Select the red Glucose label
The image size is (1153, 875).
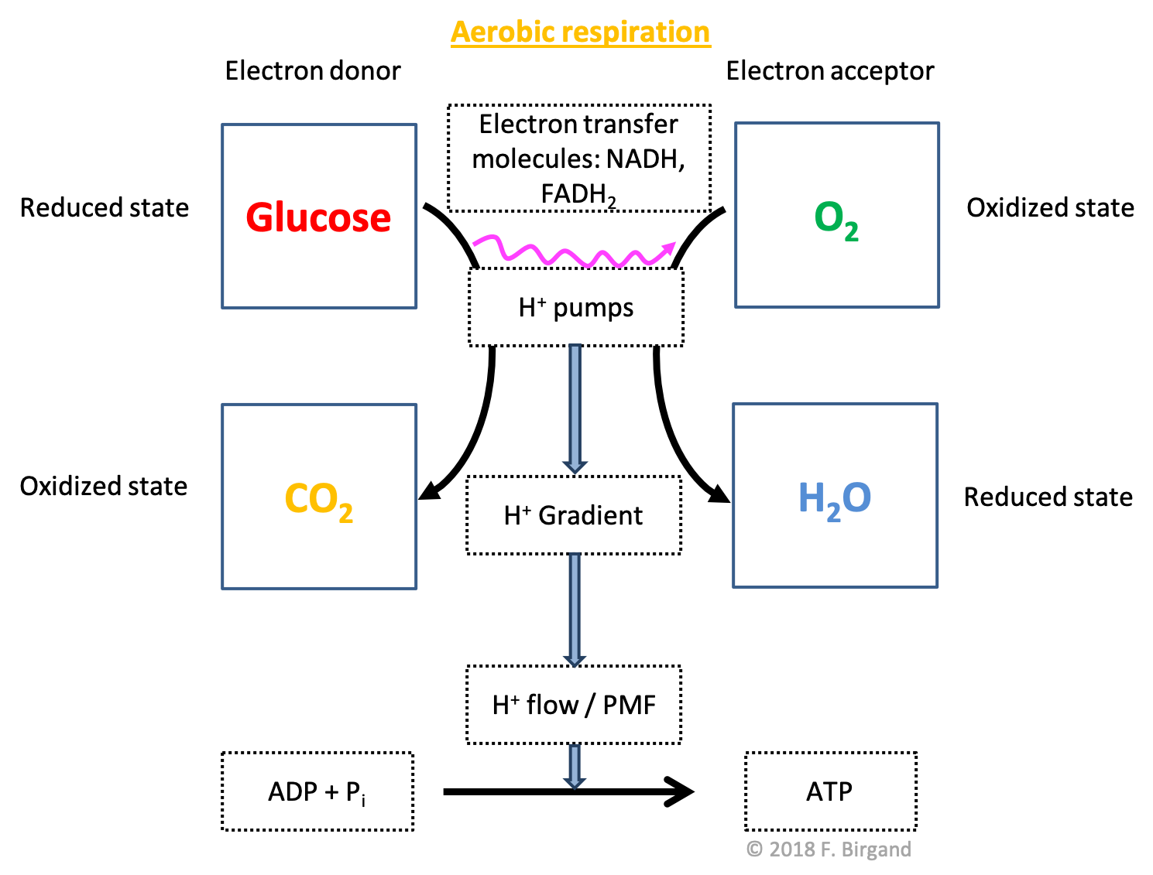[318, 217]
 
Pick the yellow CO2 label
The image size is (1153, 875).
[318, 500]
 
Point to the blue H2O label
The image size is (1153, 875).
[834, 499]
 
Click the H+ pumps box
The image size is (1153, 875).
[576, 307]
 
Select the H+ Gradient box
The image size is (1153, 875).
[574, 515]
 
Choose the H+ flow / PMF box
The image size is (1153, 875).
[574, 705]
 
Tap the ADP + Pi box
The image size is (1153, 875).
[317, 791]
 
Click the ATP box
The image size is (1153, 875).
[830, 791]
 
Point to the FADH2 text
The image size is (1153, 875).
[578, 194]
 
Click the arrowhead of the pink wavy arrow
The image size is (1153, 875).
[667, 249]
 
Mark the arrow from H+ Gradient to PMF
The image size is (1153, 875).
[575, 608]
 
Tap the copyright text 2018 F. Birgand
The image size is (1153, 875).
[829, 849]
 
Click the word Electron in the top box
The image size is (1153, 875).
[527, 124]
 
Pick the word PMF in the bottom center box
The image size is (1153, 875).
[629, 705]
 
